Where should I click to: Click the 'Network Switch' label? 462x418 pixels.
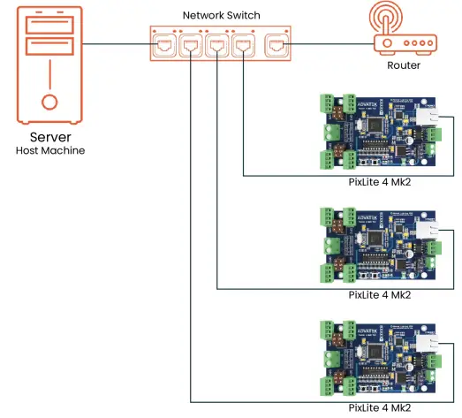(220, 16)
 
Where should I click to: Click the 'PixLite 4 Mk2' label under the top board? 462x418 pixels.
(380, 182)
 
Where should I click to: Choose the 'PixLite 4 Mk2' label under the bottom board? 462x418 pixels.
(380, 408)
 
